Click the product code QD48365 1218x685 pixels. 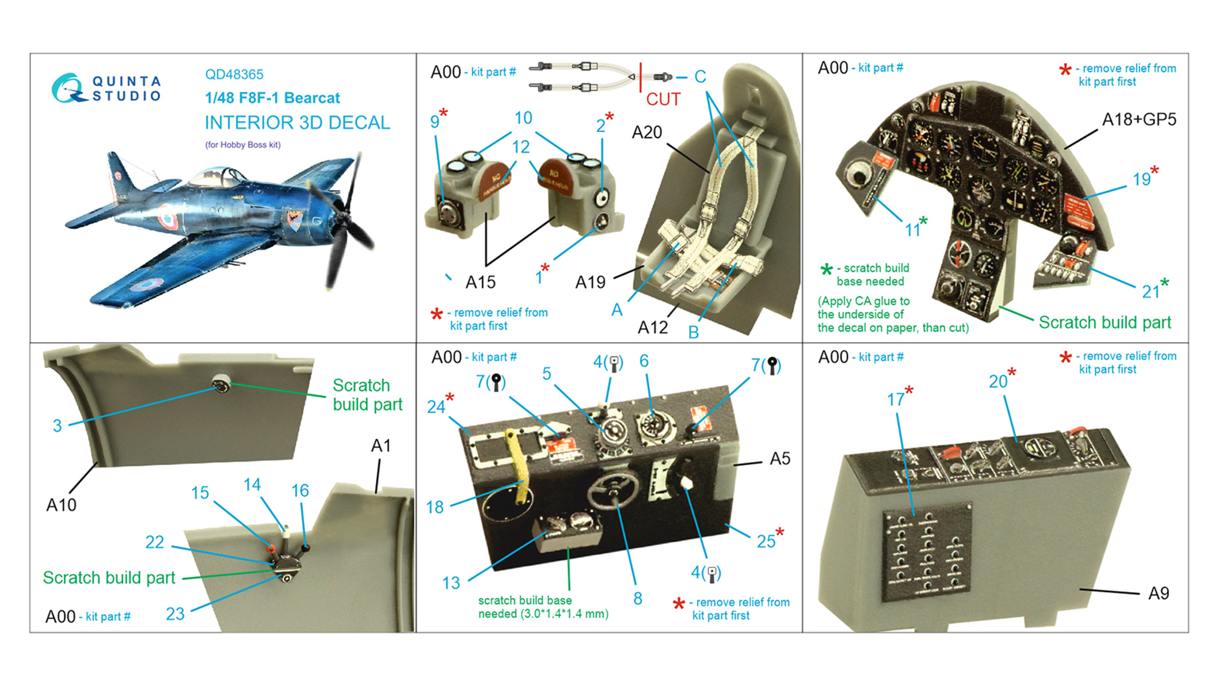(234, 74)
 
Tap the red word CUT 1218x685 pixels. (663, 99)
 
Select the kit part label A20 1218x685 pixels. (646, 132)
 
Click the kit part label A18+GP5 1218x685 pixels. (1139, 120)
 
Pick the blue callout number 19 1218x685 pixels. (1141, 179)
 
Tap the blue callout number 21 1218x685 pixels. (1151, 292)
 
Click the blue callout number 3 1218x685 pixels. (57, 426)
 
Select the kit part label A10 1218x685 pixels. (61, 505)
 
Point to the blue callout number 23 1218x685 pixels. (175, 614)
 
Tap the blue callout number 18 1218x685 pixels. (435, 507)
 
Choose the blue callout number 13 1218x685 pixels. (451, 583)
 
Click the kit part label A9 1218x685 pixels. (1159, 594)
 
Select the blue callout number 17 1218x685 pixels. (895, 400)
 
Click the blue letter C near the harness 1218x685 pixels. (700, 76)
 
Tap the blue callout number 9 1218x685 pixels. (435, 122)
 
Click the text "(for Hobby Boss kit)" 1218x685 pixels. (243, 145)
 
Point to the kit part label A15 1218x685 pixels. (480, 282)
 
